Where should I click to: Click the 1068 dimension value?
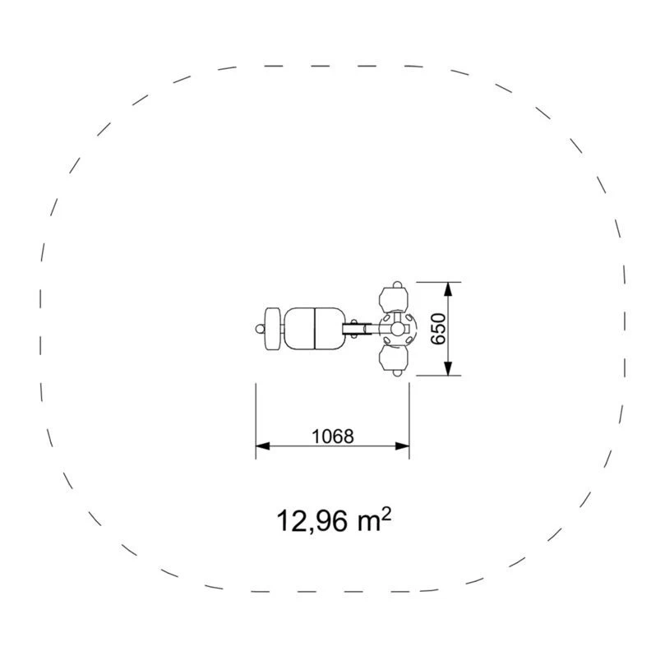(x=332, y=436)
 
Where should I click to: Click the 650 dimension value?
(x=438, y=329)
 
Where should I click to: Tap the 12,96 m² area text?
(x=334, y=520)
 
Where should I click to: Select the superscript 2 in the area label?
(x=386, y=514)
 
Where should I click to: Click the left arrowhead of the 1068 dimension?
(x=262, y=446)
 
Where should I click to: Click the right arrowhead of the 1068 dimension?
(x=402, y=446)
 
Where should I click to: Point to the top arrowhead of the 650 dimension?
(x=448, y=289)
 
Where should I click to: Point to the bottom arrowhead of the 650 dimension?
(x=448, y=368)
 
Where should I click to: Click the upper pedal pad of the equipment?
(x=394, y=299)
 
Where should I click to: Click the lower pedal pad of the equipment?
(x=394, y=358)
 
